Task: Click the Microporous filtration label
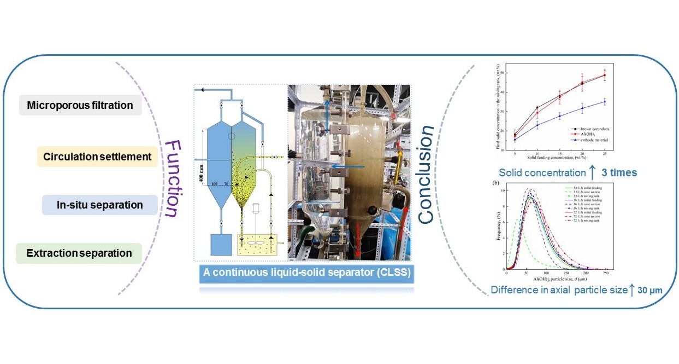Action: pos(80,105)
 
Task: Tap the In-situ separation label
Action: pos(100,205)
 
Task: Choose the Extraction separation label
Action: pos(79,253)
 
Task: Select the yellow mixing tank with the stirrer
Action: pos(256,246)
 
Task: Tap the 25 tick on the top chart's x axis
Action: pos(604,155)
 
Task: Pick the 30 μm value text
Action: pos(651,290)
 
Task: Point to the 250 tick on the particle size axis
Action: pos(605,274)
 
